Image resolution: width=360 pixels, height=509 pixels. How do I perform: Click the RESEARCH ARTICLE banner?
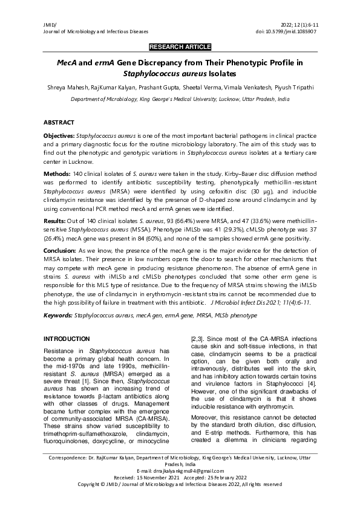point(180,47)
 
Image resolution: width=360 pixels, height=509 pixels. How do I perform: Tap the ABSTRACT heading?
point(59,122)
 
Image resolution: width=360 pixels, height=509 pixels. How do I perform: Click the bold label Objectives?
point(62,138)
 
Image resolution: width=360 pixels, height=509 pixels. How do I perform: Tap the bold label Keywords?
point(59,316)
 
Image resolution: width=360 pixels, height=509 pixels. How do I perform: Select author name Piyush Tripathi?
point(295,88)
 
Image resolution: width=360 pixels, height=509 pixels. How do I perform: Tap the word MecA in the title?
point(67,62)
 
